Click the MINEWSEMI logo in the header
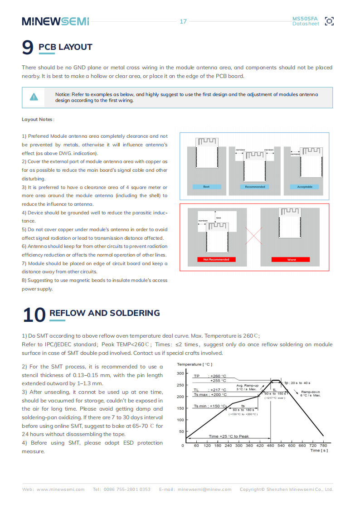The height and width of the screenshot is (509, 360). tap(55, 21)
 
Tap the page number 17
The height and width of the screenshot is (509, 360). tap(183, 21)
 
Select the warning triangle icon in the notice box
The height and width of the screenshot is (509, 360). tap(34, 97)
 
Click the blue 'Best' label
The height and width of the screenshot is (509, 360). tap(206, 187)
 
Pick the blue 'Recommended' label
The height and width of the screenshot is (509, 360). tap(254, 187)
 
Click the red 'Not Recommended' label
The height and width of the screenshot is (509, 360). tap(216, 260)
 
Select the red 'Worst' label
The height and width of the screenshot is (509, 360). tap(292, 260)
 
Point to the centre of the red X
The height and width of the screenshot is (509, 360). tap(254, 236)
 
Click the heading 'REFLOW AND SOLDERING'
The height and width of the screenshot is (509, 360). tap(104, 313)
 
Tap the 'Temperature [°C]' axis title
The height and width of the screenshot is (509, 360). tap(195, 364)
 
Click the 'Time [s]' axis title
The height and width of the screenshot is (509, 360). tap(319, 450)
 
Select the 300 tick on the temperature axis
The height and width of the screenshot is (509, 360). tap(180, 373)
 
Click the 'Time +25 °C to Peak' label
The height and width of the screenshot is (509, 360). tap(229, 436)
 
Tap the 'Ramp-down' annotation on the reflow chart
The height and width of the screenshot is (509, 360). tap(310, 392)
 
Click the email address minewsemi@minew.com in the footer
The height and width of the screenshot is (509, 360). tap(204, 490)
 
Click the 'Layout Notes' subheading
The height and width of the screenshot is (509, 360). tap(38, 119)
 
